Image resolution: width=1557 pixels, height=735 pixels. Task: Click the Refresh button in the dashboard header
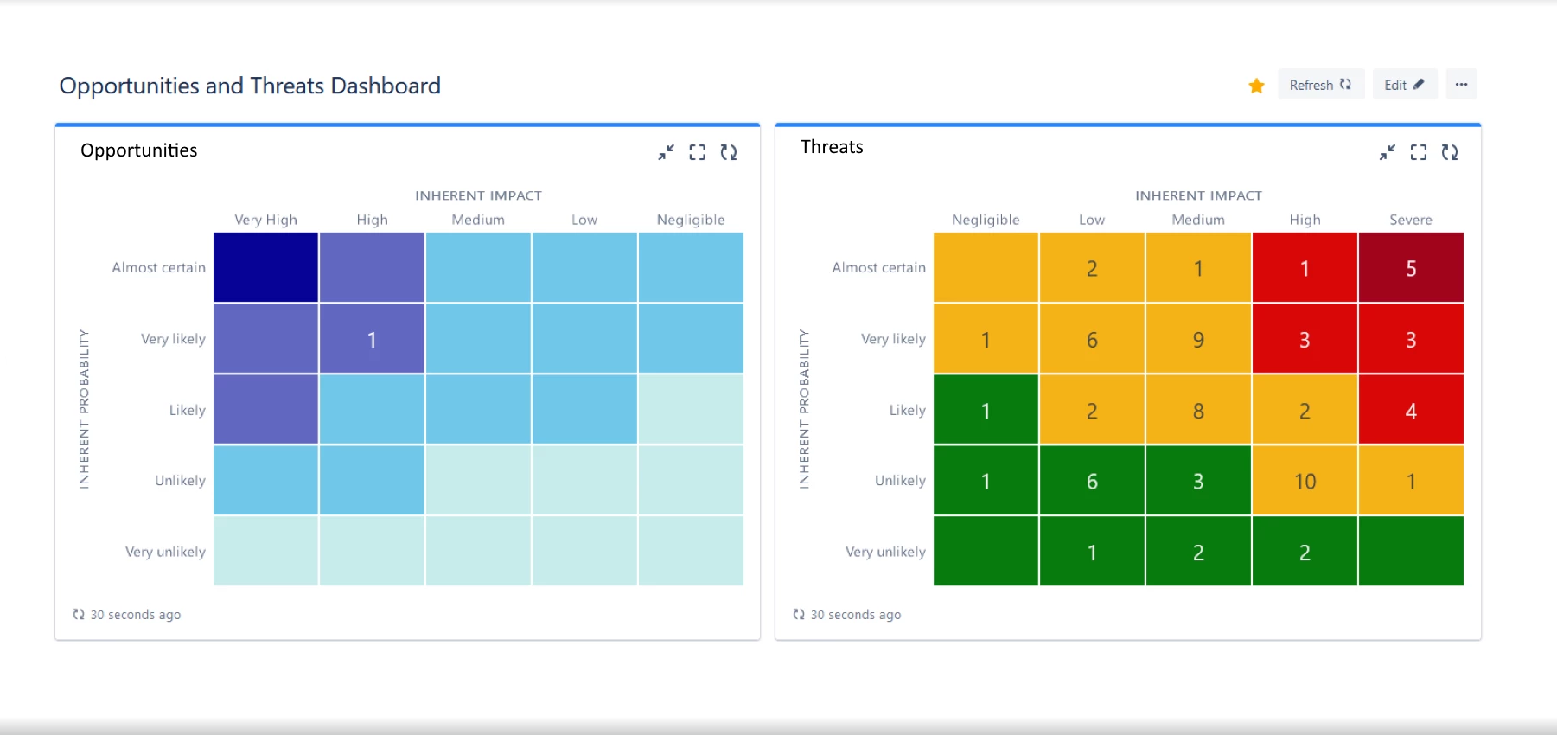[x=1320, y=85]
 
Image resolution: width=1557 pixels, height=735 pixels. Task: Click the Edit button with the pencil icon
[x=1404, y=85]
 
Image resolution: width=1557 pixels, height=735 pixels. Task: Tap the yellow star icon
[x=1256, y=86]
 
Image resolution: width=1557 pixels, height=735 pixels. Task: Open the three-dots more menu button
[x=1461, y=85]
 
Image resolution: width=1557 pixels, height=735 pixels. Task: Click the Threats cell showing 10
[x=1304, y=481]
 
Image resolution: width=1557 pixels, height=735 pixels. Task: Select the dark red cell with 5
[x=1410, y=268]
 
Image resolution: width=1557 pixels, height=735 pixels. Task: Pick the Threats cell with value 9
[x=1197, y=339]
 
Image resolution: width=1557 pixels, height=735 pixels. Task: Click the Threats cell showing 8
[x=1197, y=410]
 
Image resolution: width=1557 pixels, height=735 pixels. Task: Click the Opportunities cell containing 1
[x=372, y=339]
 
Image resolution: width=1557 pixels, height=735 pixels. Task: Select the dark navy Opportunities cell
[x=265, y=268]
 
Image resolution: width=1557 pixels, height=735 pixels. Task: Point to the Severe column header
[x=1410, y=220]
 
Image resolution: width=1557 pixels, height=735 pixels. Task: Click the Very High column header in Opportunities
[x=265, y=220]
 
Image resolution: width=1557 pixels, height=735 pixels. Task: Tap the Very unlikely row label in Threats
[x=884, y=552]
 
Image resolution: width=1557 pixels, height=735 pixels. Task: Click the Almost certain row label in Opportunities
[x=158, y=268]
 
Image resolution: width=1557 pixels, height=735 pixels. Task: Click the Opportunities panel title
[x=138, y=150]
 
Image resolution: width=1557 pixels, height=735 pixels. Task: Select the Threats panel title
[x=831, y=147]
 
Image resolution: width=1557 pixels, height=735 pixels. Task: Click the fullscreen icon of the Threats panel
[x=1418, y=152]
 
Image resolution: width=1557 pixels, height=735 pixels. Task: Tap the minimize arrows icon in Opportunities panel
[x=666, y=152]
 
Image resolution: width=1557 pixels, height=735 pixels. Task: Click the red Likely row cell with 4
[x=1410, y=410]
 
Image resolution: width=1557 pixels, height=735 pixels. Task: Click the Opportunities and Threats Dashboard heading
[x=250, y=86]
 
